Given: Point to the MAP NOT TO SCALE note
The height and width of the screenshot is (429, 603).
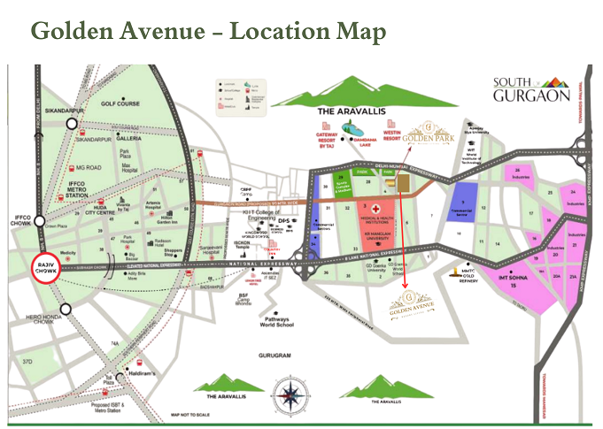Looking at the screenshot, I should coord(194,414).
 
